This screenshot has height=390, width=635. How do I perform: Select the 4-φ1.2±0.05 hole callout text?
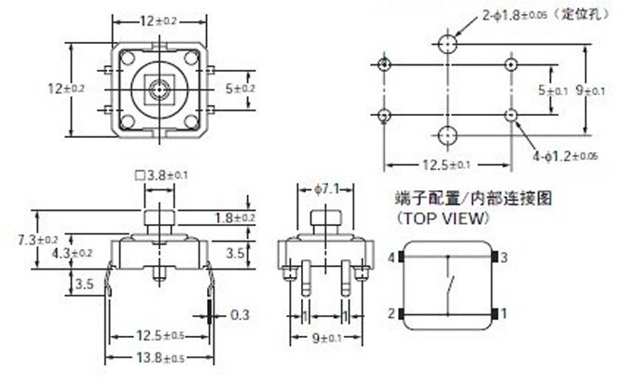point(565,156)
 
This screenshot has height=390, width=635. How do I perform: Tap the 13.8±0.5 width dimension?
point(160,358)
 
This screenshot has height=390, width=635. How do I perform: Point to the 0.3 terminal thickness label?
point(240,315)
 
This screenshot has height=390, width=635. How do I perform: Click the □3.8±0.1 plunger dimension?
point(160,175)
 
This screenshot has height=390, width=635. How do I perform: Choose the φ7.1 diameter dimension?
point(326,188)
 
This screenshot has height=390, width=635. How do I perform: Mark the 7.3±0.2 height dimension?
point(37,240)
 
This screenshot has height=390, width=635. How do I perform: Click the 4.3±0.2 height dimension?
point(72,254)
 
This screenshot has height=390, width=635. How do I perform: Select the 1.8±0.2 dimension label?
point(234,218)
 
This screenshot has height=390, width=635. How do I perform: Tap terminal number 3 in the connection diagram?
point(504,258)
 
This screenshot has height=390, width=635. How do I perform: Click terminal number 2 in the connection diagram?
point(392,313)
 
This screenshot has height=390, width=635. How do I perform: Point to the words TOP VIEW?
point(444,218)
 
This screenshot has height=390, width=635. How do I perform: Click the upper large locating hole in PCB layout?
point(448,44)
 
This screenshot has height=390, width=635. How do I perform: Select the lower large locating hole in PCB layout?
point(448,135)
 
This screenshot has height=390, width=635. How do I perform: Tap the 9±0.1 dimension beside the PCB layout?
point(590,91)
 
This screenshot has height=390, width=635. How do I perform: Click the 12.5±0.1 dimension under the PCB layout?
point(447,165)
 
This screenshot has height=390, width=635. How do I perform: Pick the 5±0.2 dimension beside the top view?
point(241,89)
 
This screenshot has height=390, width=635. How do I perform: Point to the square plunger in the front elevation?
point(160,218)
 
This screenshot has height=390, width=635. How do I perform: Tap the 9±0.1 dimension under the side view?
point(326,338)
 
